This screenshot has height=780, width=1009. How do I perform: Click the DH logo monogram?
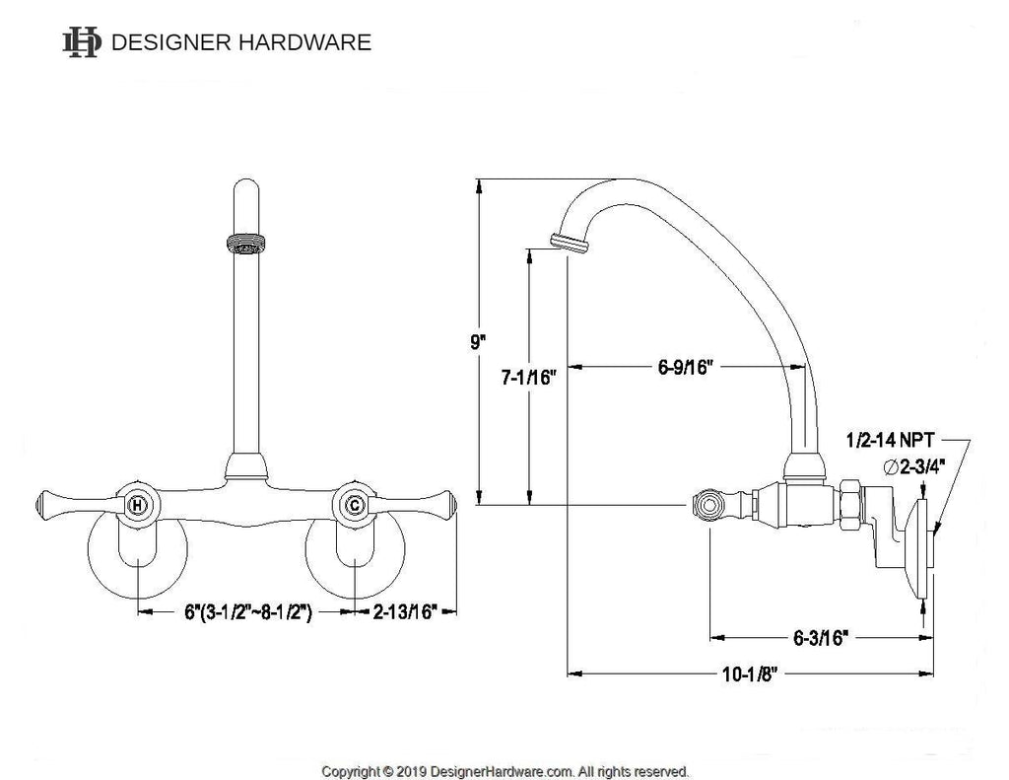click(x=81, y=41)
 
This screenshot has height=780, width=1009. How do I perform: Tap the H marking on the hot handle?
click(x=139, y=507)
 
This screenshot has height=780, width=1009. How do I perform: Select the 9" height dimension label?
click(x=478, y=342)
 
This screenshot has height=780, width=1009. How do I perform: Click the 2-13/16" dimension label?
click(x=405, y=612)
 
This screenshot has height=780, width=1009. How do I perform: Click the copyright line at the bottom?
click(x=504, y=770)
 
